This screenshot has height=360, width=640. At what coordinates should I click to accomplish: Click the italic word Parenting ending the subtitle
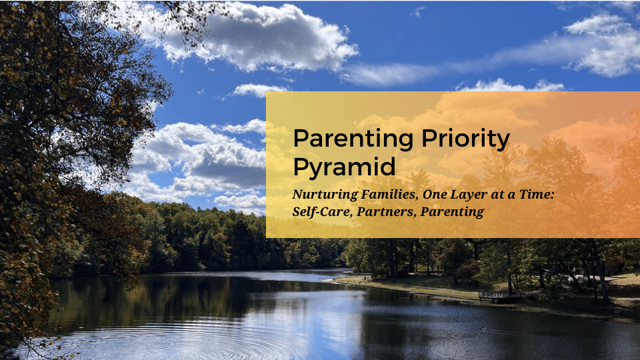(452, 212)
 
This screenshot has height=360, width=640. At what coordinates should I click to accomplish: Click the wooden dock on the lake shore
(500, 297)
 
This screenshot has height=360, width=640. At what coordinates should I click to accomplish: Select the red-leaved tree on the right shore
(467, 270)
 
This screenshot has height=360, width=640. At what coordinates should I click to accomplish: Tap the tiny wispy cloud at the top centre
(417, 12)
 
